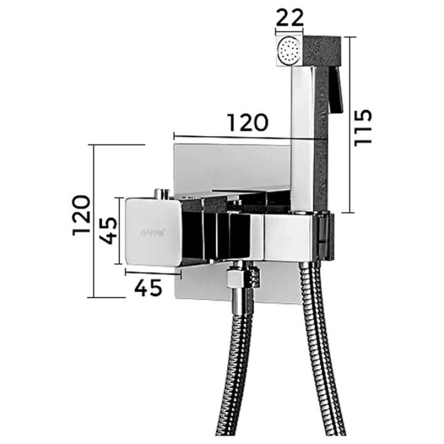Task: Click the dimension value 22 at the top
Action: pos(289,18)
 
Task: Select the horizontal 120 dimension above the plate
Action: pos(248,123)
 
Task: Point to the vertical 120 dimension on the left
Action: pos(82,215)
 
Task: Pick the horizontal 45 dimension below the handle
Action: pos(148,287)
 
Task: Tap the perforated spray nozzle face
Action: pos(289,51)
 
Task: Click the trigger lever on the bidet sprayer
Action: pos(336,90)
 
